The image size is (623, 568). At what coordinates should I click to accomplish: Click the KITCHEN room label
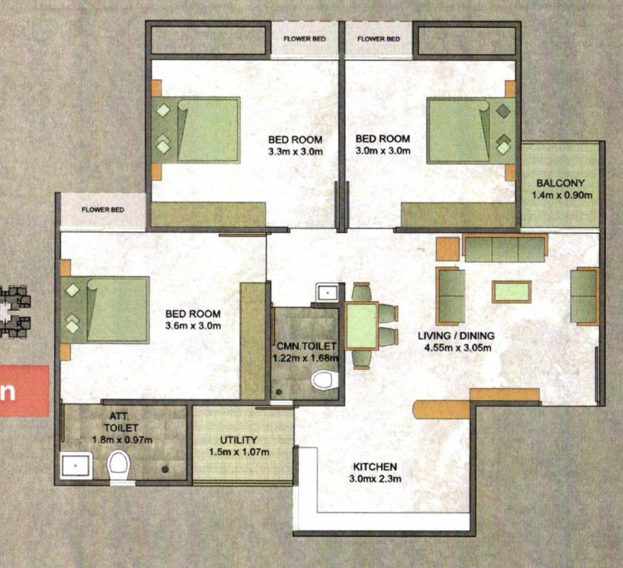click(x=375, y=467)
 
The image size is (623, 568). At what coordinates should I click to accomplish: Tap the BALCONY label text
click(x=561, y=183)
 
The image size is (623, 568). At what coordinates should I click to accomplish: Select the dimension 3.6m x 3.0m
click(x=193, y=325)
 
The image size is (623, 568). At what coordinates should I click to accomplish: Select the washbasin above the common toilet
click(x=326, y=291)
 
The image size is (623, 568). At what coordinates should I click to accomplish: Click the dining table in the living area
click(x=362, y=326)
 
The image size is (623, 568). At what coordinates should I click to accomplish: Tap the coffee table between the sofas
click(x=511, y=291)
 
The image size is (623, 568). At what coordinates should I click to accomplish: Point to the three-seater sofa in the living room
click(x=505, y=248)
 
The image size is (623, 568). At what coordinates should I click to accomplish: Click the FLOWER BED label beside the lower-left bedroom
click(x=103, y=209)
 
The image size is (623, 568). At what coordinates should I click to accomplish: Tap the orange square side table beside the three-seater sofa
click(x=448, y=249)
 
